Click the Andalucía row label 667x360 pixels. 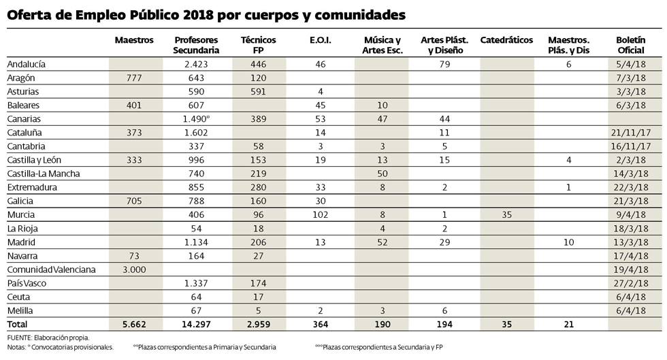click(26, 64)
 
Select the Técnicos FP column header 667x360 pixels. click(258, 45)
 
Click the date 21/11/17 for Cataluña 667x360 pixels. click(636, 133)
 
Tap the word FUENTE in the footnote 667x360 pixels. click(20, 338)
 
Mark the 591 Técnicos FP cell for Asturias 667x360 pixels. click(258, 91)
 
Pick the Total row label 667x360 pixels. click(18, 324)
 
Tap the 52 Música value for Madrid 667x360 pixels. click(383, 242)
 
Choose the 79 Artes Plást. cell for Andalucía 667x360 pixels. click(446, 64)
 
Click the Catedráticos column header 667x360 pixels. click(506, 41)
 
